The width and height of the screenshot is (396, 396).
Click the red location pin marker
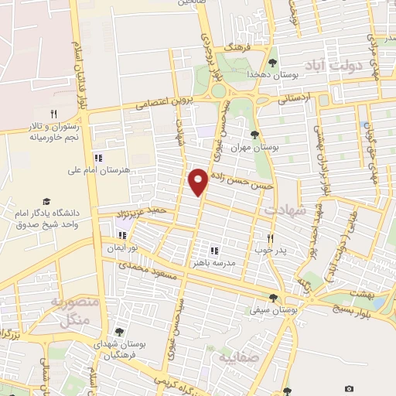click(199, 181)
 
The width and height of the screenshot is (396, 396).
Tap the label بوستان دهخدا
click(246, 73)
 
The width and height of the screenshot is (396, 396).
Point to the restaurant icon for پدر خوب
click(270, 239)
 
